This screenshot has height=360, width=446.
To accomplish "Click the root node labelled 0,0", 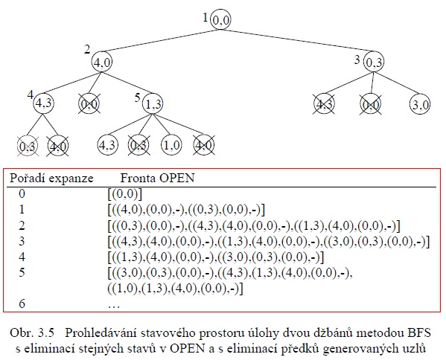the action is coord(220,19).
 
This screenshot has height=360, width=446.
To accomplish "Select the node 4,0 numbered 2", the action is coord(102,62).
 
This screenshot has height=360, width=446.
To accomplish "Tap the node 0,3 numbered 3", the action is coord(374,62).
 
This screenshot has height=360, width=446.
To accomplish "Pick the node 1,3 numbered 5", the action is coord(153,103).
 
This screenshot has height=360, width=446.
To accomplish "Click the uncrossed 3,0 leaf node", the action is coord(420,104).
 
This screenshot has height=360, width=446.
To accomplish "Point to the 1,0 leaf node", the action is coord(172,145).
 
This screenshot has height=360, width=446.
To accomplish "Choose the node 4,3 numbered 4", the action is coord(43,103).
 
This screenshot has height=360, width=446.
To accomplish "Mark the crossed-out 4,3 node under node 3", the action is coord(324,104).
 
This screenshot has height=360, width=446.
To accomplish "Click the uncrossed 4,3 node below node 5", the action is coord(107,145).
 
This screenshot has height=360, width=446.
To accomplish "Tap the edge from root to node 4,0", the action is coord(159,41).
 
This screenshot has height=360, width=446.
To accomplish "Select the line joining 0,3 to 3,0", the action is coord(397,83).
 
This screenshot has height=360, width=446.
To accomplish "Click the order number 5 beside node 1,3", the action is coord(138,98).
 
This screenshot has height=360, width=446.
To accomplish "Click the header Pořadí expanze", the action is coord(51,179).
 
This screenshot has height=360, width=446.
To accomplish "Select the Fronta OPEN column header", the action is coord(157,179).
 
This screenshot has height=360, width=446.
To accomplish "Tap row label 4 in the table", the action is coord(22,257).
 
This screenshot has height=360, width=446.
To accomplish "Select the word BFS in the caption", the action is coord(419,332).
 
